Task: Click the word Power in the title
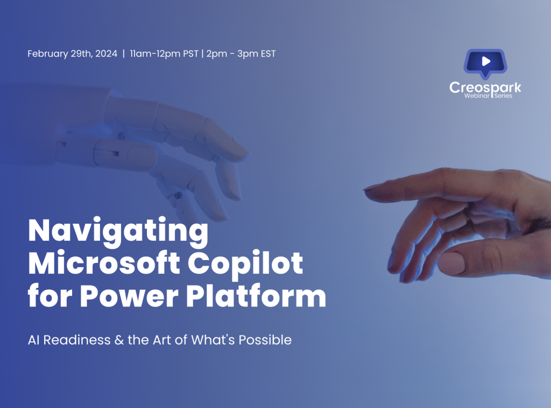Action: tap(122, 297)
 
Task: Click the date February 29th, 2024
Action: tap(72, 54)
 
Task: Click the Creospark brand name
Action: tap(485, 87)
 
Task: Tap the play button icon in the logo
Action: tap(486, 61)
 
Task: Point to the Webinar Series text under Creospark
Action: tap(485, 96)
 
